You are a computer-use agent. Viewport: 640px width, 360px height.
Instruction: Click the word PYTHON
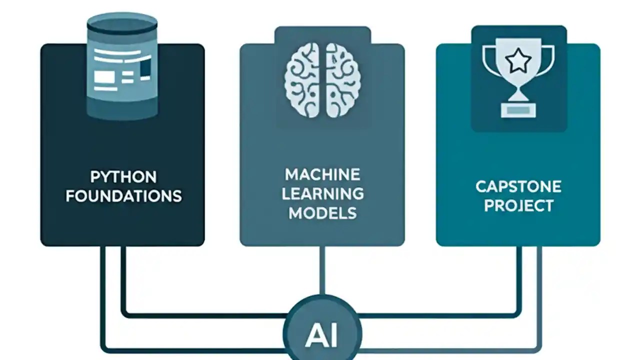(123, 177)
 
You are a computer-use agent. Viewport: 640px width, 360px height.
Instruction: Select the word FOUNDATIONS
(123, 195)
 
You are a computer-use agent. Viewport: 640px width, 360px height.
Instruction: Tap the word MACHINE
(322, 174)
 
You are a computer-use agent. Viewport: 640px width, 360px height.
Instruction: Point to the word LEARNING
(322, 193)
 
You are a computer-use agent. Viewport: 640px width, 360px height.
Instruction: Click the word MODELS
(322, 212)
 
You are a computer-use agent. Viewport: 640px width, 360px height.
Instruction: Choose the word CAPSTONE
(518, 187)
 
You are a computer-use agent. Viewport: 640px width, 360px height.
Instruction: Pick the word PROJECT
(518, 205)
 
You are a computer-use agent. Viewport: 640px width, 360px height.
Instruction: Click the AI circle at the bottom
(322, 331)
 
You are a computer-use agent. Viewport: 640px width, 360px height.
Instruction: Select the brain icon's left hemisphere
(303, 80)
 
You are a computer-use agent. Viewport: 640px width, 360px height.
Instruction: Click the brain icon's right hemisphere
(343, 80)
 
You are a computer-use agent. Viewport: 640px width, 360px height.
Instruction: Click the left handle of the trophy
(487, 60)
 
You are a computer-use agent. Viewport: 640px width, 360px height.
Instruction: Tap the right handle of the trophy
(549, 60)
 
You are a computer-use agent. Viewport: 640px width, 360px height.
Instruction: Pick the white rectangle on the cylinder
(104, 77)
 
